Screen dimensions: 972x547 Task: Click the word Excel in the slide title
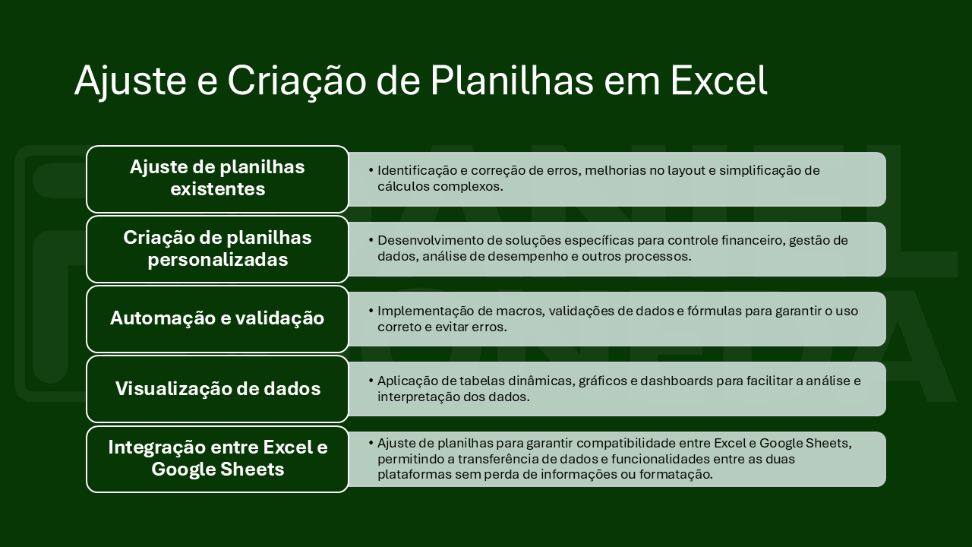(x=719, y=81)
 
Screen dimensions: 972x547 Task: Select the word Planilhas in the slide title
(x=512, y=81)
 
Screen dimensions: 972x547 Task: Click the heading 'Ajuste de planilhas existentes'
(x=217, y=178)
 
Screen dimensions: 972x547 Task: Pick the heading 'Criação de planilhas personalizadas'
(x=217, y=248)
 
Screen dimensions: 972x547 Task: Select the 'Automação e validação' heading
(x=217, y=318)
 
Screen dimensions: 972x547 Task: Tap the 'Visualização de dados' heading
(x=218, y=388)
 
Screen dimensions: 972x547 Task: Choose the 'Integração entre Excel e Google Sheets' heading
(x=218, y=458)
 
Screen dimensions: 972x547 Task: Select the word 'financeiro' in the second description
(x=753, y=241)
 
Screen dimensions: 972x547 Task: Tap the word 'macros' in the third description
(x=520, y=311)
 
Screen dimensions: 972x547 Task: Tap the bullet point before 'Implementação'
(x=371, y=311)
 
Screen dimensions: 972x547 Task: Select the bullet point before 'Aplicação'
(x=371, y=381)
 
